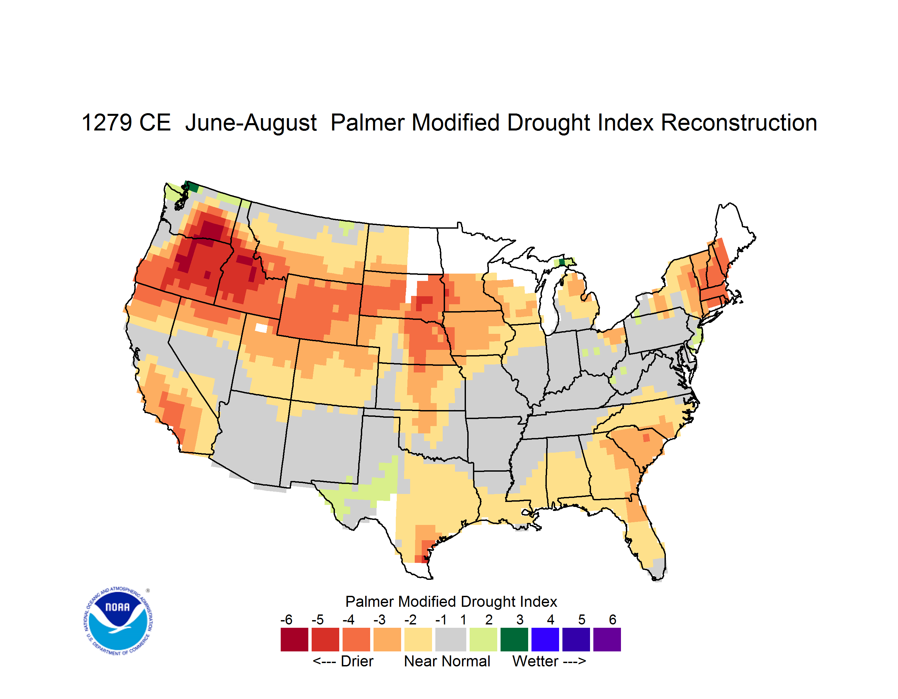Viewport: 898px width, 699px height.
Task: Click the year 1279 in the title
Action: click(x=107, y=122)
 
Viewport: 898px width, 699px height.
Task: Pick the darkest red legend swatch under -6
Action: click(x=294, y=639)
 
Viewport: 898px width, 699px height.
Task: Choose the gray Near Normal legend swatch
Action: click(x=451, y=639)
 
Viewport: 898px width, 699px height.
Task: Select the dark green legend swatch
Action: click(x=514, y=639)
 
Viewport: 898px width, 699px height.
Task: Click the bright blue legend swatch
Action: click(x=545, y=639)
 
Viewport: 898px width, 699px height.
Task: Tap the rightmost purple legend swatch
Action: click(x=607, y=639)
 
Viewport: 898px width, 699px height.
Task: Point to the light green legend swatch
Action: click(x=483, y=639)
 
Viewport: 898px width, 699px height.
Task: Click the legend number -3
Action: click(x=379, y=619)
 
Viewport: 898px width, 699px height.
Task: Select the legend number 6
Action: click(x=612, y=619)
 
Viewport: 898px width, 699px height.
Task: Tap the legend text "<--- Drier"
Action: click(x=343, y=661)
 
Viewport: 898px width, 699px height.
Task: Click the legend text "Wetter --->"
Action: click(x=549, y=661)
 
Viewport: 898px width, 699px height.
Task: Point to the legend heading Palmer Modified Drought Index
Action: click(x=451, y=601)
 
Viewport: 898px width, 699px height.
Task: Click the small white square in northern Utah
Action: click(x=261, y=328)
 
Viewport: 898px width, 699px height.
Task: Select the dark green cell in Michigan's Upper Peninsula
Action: click(x=562, y=262)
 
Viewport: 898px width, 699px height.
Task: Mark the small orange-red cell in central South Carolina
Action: click(x=646, y=437)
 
